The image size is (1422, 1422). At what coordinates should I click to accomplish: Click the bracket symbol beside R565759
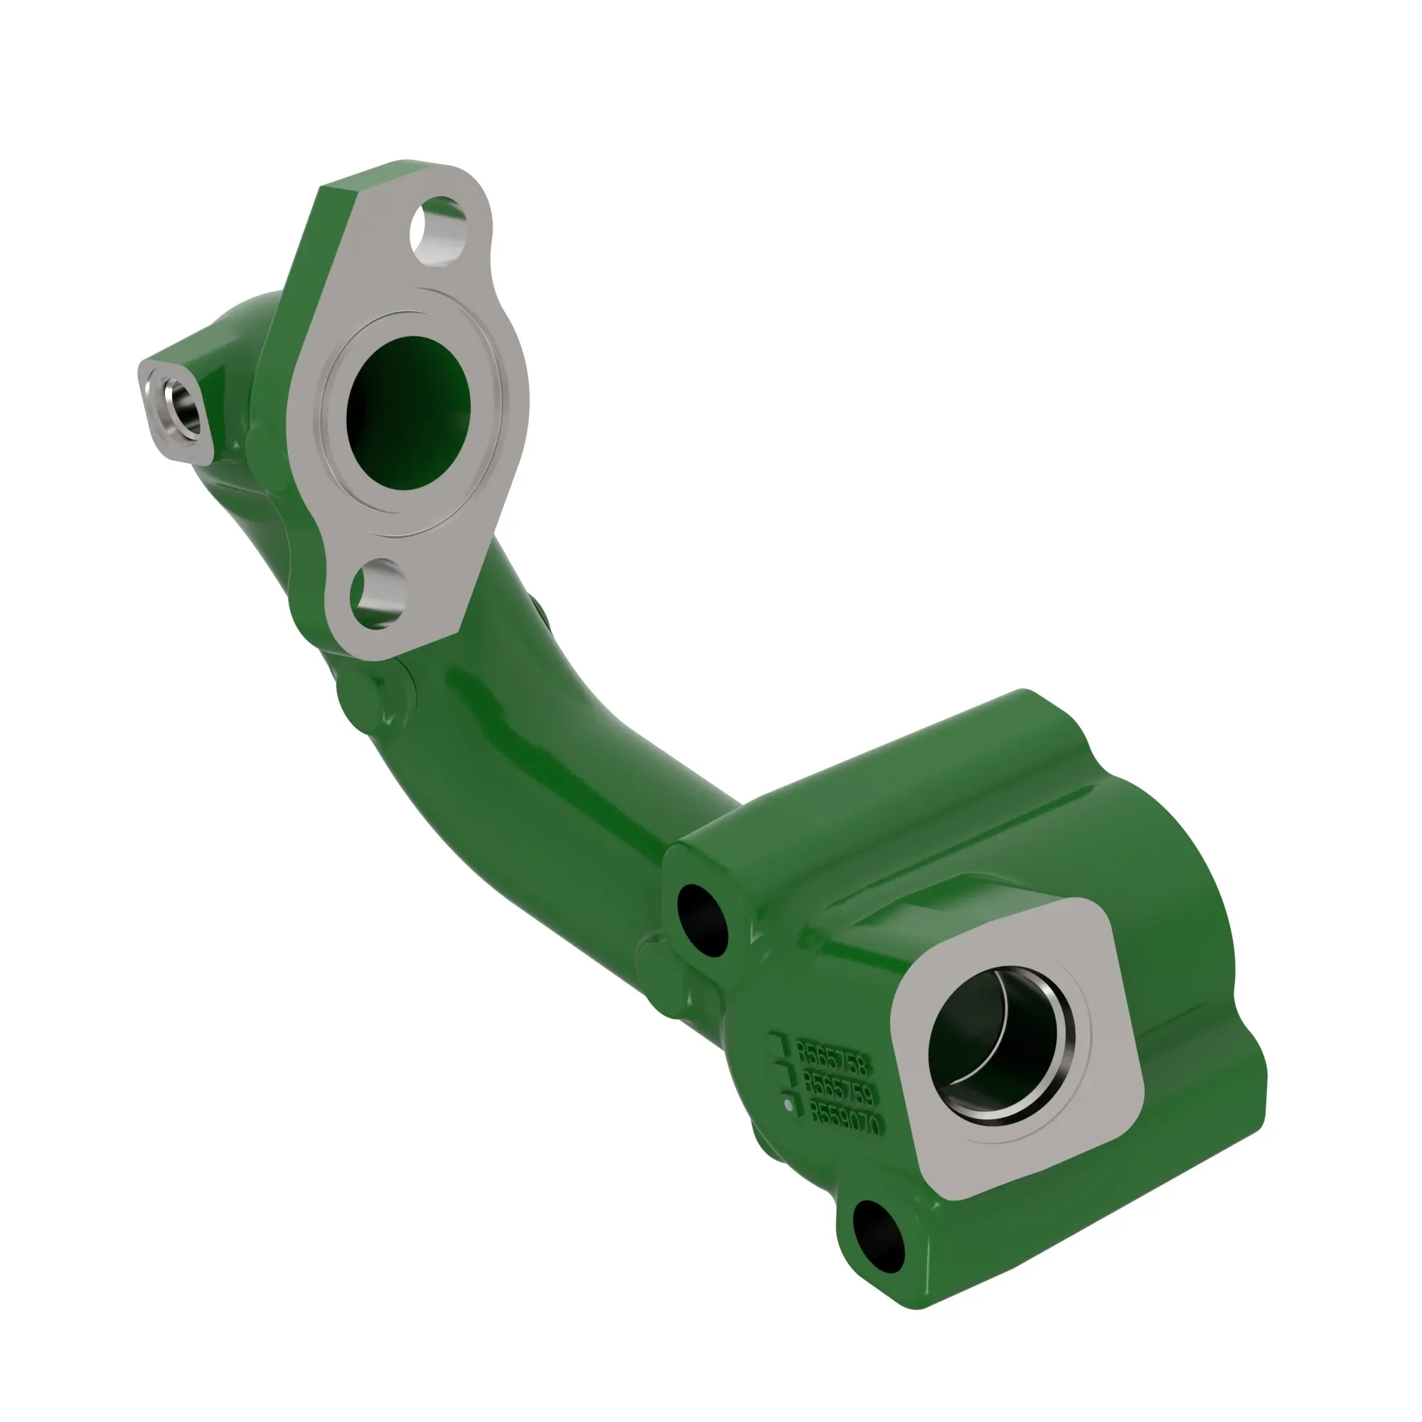click(x=786, y=1074)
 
